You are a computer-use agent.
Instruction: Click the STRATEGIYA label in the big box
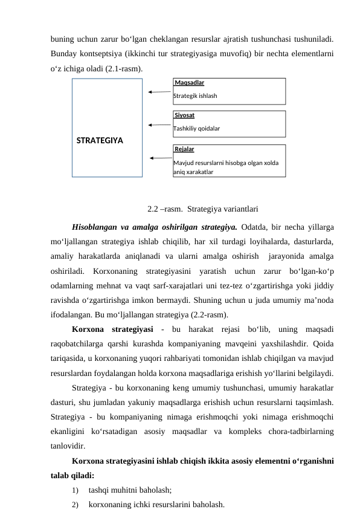[100, 141]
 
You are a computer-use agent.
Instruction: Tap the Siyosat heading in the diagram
[185, 115]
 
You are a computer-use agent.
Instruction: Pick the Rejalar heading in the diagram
[184, 149]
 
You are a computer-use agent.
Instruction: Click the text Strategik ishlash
[195, 96]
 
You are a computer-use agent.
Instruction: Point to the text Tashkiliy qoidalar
[196, 128]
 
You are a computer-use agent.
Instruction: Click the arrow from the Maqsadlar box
[159, 92]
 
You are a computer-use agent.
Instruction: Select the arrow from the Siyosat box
[159, 125]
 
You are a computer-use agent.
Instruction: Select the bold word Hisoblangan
[93, 228]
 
